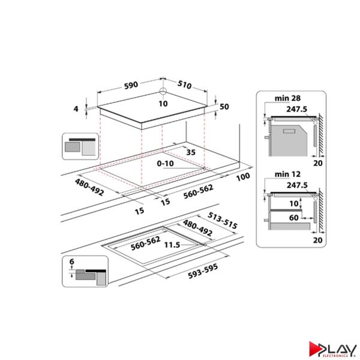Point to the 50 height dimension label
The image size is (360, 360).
click(x=224, y=106)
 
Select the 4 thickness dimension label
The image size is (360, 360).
click(x=76, y=109)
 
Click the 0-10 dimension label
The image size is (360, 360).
click(x=166, y=163)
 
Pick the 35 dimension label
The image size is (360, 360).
click(x=191, y=152)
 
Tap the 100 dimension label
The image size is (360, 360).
click(x=242, y=177)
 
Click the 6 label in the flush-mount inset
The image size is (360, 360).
click(x=71, y=262)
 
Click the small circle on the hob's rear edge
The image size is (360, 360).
click(x=163, y=92)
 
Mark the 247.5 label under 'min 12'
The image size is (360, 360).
click(x=296, y=185)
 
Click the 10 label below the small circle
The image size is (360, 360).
click(x=163, y=103)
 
